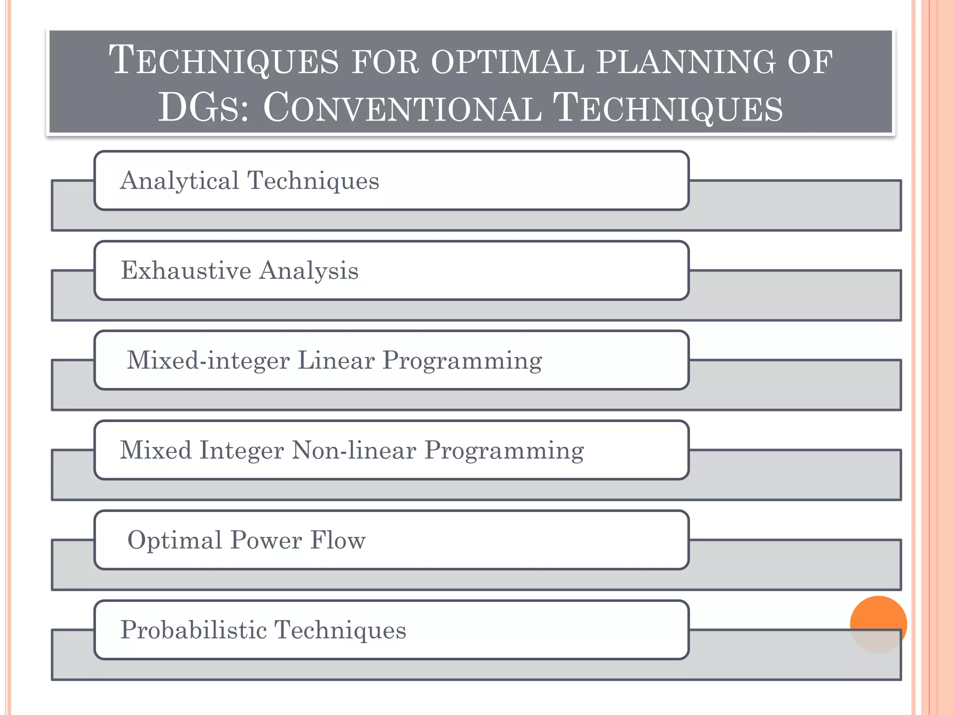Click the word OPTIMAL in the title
pyautogui.click(x=507, y=62)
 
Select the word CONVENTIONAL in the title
pyautogui.click(x=402, y=108)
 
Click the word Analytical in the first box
pyautogui.click(x=179, y=181)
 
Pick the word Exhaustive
pyautogui.click(x=186, y=270)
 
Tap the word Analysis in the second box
pyautogui.click(x=309, y=270)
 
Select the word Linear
pyautogui.click(x=336, y=360)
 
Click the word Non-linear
pyautogui.click(x=354, y=450)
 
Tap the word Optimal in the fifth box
pyautogui.click(x=174, y=540)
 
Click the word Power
pyautogui.click(x=266, y=540)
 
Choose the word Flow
pyautogui.click(x=338, y=540)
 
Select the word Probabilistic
pyautogui.click(x=193, y=630)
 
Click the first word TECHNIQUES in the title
pyautogui.click(x=223, y=62)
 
